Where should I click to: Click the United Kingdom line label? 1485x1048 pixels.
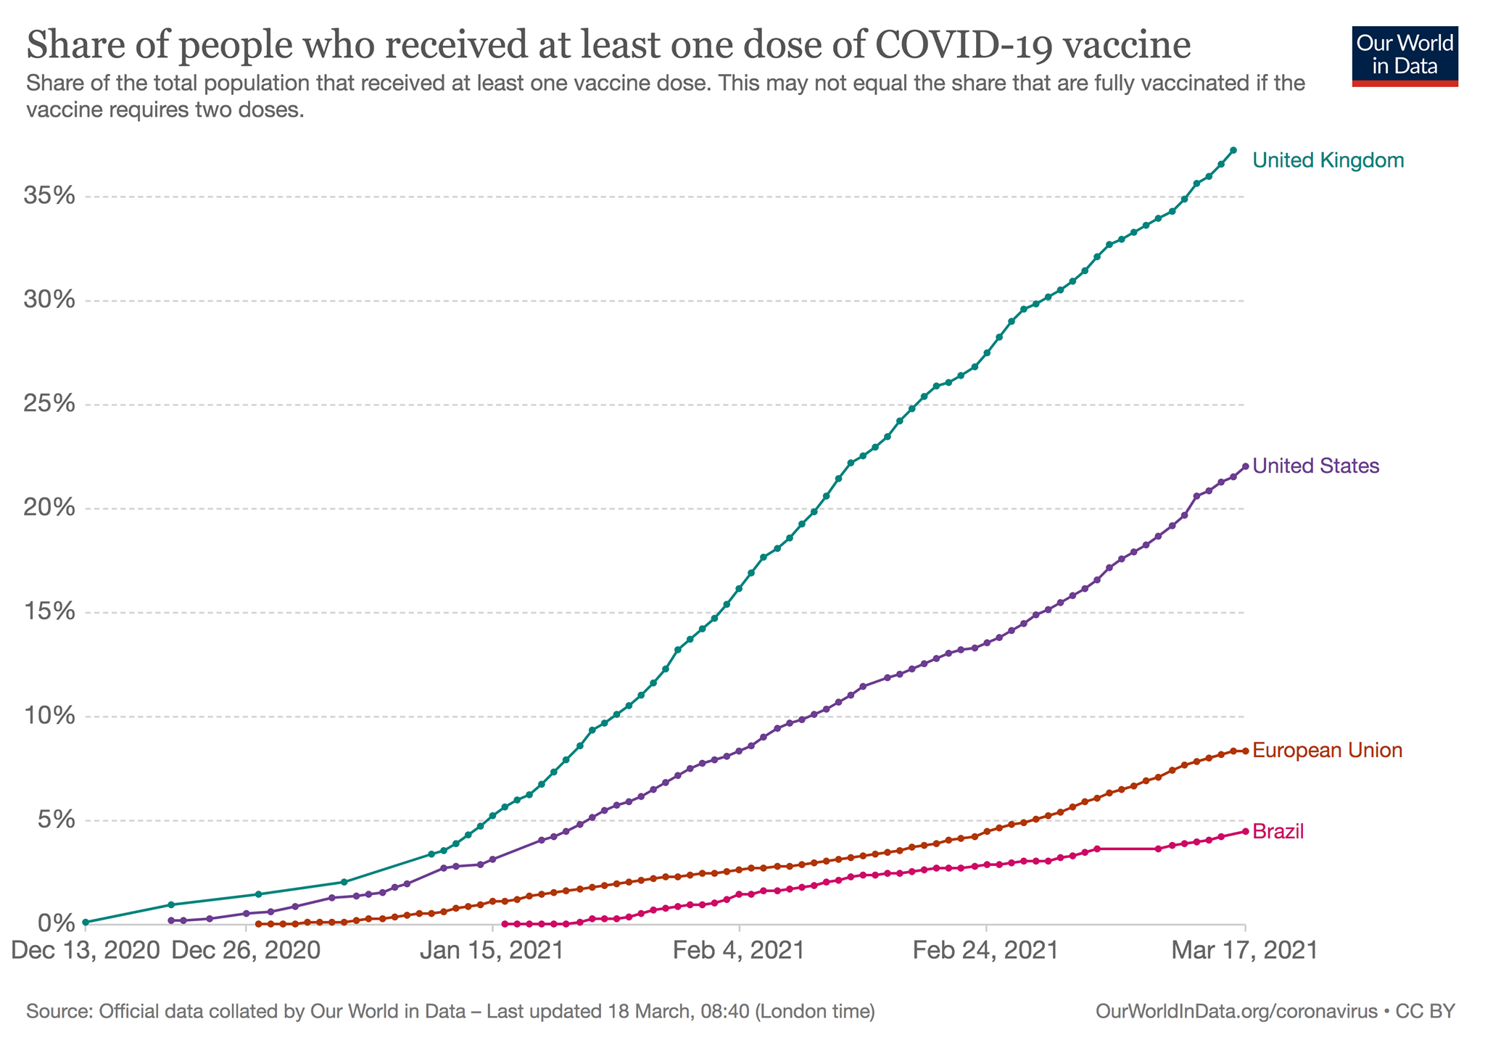(1328, 160)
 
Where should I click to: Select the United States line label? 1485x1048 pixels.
(1315, 466)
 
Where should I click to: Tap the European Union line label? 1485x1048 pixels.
(1327, 750)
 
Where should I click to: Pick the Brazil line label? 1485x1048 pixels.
(1278, 831)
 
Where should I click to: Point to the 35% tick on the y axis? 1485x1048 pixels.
(49, 196)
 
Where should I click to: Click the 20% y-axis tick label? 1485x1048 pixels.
(49, 508)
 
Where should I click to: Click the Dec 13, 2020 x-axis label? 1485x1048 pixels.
(86, 950)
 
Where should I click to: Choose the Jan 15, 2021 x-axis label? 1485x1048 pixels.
(492, 950)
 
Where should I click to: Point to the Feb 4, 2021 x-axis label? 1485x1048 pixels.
(739, 950)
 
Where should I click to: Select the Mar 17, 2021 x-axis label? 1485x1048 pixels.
(1244, 950)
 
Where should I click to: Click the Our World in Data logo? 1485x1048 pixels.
(1405, 56)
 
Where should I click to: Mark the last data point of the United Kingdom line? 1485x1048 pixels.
(1233, 150)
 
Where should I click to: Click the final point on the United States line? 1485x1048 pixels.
(1245, 466)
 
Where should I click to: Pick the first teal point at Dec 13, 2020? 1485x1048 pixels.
(86, 923)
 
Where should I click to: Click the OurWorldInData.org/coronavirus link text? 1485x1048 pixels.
(1236, 1011)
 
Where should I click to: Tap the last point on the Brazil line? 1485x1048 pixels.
(1245, 831)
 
